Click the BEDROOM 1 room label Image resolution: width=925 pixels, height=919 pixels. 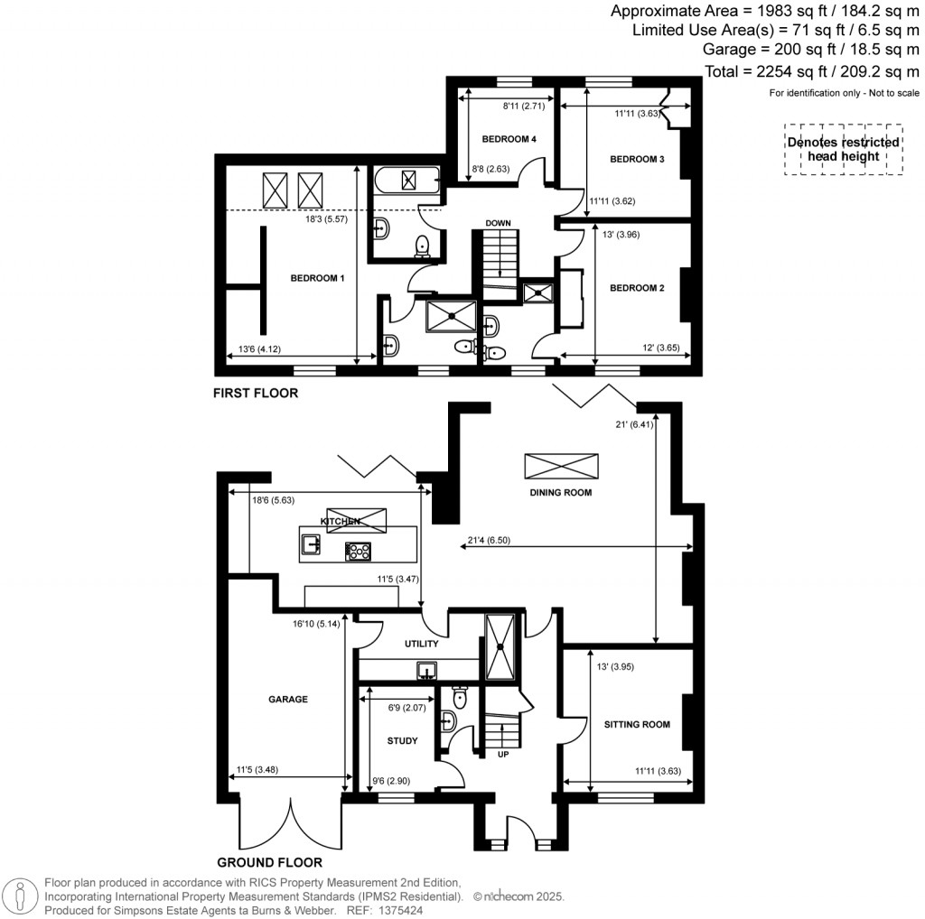317,278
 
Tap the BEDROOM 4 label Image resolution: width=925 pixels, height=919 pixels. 509,139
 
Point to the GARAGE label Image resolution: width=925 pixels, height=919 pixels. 287,699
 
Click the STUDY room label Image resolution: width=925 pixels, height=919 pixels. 402,741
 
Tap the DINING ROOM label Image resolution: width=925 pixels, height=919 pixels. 561,492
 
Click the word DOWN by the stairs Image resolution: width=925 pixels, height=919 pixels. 499,223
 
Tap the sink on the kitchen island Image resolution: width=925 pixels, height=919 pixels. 312,543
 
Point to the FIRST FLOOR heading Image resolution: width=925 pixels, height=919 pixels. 255,394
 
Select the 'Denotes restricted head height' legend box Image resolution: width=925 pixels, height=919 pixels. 843,149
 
